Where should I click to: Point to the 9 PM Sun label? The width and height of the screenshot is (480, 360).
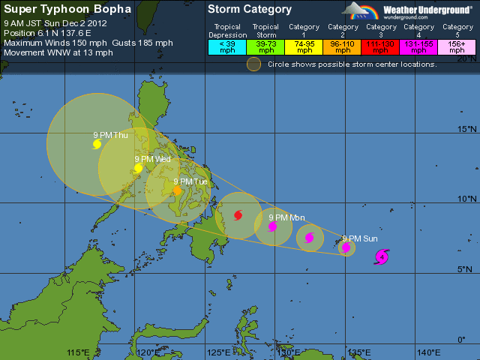tap(359, 238)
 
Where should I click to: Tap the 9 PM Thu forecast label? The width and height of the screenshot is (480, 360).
tap(110, 135)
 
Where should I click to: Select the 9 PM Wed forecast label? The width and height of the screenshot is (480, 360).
tap(152, 159)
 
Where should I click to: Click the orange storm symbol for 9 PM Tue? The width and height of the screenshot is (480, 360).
tap(177, 191)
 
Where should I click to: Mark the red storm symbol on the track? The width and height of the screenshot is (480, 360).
tap(238, 215)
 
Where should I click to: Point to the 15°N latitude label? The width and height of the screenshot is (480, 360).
tap(466, 129)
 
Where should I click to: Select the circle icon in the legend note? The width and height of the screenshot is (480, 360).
tap(254, 64)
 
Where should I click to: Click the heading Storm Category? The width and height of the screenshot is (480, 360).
tap(250, 10)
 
